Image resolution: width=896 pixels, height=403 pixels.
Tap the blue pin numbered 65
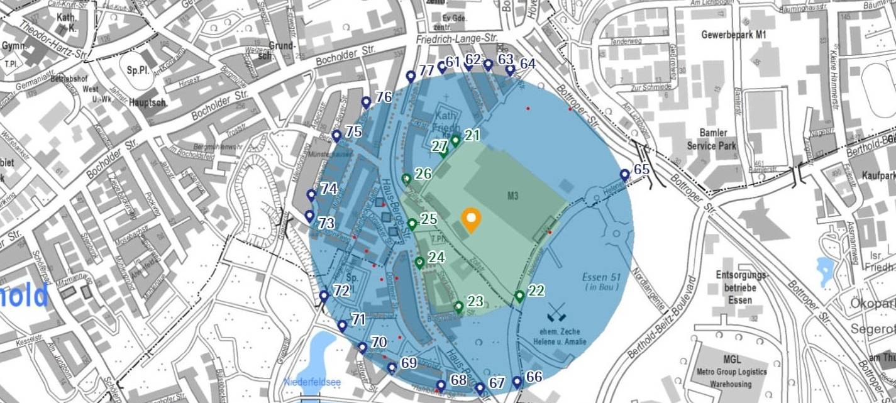[x=624, y=174]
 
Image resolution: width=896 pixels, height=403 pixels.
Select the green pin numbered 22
[x=519, y=295]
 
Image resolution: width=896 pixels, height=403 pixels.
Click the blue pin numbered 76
[x=366, y=102]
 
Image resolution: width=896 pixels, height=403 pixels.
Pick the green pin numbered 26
[x=406, y=179]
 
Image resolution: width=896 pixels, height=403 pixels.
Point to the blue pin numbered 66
[x=517, y=381]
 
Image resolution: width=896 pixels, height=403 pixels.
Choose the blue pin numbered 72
[x=324, y=295]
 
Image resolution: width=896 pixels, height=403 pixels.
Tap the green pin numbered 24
[x=419, y=262]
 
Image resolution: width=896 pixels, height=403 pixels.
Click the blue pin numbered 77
[x=411, y=76]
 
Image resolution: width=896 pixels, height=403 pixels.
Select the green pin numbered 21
[x=455, y=140]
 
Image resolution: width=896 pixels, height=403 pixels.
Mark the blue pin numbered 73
[x=309, y=216]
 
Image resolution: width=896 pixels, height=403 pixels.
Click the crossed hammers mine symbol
[x=556, y=312]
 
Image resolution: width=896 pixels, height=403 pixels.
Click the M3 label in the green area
[x=512, y=196]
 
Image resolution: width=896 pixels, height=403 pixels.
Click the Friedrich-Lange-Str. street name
[x=456, y=39]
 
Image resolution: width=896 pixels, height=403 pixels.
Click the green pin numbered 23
[x=458, y=306]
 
